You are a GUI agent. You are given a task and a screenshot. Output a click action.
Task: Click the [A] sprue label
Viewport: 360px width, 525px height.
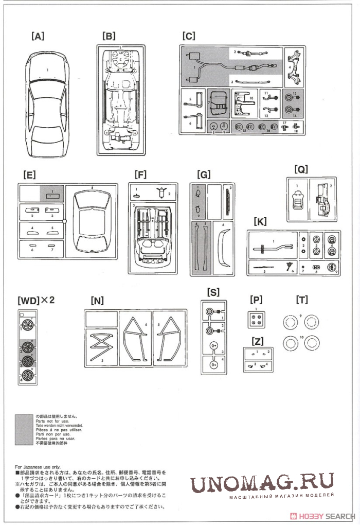(x=38, y=36)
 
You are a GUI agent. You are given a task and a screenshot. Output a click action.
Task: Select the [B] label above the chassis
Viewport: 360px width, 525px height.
(x=109, y=36)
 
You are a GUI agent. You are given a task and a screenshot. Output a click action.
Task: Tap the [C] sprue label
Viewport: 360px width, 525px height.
(x=189, y=36)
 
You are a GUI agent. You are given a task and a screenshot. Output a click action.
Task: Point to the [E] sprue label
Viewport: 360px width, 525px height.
(x=29, y=174)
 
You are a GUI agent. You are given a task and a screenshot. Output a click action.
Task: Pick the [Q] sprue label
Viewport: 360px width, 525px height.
(x=301, y=168)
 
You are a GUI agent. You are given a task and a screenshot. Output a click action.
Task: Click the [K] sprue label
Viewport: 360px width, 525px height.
(x=260, y=221)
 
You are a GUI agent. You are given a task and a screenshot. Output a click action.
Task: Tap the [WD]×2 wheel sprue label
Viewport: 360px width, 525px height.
(x=35, y=300)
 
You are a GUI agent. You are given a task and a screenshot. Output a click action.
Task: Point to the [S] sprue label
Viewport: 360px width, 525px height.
(x=213, y=292)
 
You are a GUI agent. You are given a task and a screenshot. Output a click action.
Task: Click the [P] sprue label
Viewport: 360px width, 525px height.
(x=256, y=300)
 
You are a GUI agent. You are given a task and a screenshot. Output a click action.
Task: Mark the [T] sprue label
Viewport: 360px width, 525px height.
(x=302, y=300)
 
